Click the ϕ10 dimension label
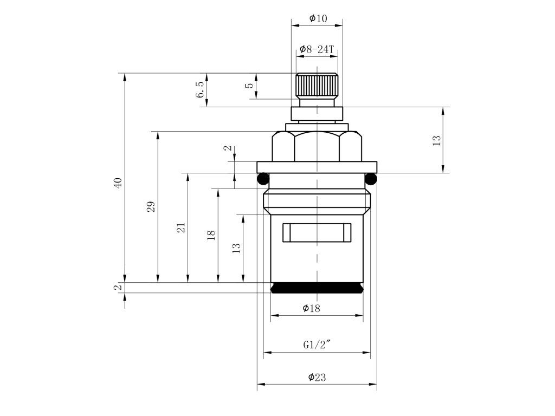click(318, 18)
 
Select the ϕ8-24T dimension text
click(317, 49)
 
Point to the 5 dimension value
click(250, 86)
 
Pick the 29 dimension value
click(151, 206)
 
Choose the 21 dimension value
click(181, 227)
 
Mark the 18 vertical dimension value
click(211, 235)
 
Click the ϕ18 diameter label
click(312, 308)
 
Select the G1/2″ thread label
click(317, 344)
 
